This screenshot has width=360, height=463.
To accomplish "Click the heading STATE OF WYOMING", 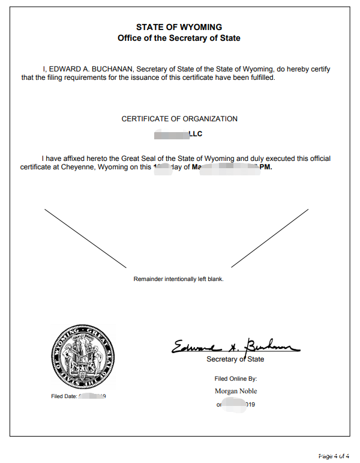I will point(179,27).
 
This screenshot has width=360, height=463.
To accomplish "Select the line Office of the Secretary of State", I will point(179,38).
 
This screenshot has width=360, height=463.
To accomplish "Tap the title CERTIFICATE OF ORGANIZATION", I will point(179,119).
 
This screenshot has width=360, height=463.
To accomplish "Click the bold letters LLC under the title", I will point(196,135).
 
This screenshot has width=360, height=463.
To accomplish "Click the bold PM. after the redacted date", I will point(265,168).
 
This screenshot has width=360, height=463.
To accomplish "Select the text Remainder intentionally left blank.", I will point(178,279).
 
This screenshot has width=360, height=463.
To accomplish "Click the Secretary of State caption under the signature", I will point(235,359).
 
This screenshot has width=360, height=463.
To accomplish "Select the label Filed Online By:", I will point(235,379).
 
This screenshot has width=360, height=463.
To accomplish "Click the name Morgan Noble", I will point(235,391).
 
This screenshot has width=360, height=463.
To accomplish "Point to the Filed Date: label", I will point(64,396).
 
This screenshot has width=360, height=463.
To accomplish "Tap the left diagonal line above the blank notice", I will point(86,238).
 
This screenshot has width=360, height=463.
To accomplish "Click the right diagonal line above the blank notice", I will point(270,237).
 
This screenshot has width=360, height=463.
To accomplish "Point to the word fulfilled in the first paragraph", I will point(260,78).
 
